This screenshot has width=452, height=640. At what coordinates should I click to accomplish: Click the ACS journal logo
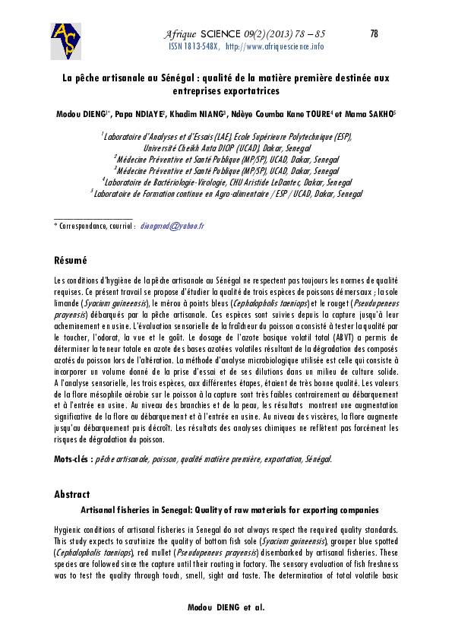[67, 41]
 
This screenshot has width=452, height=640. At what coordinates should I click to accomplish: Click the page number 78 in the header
[373, 33]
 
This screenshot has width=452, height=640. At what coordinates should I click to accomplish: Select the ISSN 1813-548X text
[194, 46]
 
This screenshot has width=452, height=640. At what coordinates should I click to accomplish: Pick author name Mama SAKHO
[369, 114]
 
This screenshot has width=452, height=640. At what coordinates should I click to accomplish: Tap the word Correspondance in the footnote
[84, 227]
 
